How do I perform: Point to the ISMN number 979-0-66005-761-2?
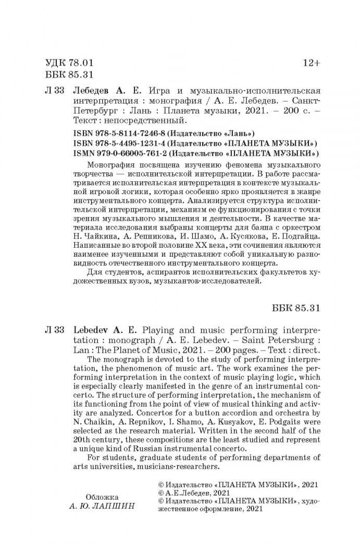click(x=121, y=153)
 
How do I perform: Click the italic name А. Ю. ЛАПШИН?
click(x=102, y=507)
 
